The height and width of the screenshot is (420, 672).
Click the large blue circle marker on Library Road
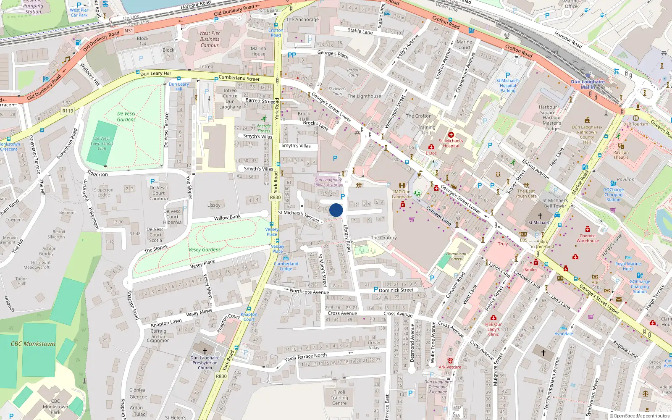(x=336, y=210)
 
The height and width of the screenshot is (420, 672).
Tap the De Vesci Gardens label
(x=126, y=116)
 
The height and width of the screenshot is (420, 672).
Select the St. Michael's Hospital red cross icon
(x=451, y=135)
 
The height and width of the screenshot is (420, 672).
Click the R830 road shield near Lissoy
(x=275, y=197)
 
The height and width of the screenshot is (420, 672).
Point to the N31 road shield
(x=129, y=31)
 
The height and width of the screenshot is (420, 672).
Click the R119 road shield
(x=68, y=111)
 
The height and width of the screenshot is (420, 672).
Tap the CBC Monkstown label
(x=33, y=344)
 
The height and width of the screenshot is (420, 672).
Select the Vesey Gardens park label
(x=205, y=249)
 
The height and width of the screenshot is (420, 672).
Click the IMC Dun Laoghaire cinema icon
(x=402, y=185)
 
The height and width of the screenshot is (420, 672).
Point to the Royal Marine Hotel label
(x=628, y=266)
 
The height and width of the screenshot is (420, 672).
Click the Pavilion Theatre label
(x=621, y=155)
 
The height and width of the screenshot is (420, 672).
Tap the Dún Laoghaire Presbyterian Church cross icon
(x=205, y=351)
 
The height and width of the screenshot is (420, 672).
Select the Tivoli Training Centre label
(x=339, y=397)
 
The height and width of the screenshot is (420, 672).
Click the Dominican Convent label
(x=456, y=256)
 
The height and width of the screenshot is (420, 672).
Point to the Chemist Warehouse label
(x=588, y=238)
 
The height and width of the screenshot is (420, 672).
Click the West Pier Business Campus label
(x=210, y=39)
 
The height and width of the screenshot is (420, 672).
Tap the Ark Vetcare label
(x=450, y=367)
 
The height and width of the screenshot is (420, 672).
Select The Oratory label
(x=383, y=238)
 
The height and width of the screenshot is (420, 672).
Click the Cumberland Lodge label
(x=286, y=266)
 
